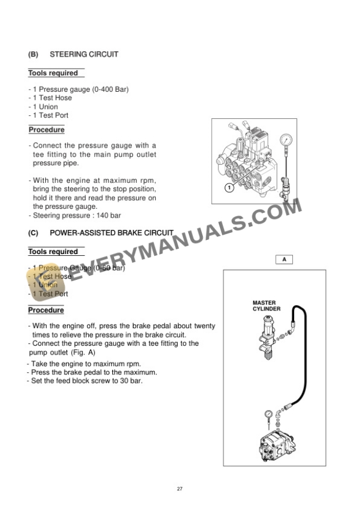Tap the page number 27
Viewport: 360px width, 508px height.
click(179, 489)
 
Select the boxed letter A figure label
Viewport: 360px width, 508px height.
click(284, 259)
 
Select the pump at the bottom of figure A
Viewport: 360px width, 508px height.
click(275, 445)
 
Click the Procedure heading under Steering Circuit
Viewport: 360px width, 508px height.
click(46, 130)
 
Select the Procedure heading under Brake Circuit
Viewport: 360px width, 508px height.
click(46, 310)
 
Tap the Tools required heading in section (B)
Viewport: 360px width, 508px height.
click(54, 73)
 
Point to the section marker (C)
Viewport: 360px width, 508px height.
click(33, 233)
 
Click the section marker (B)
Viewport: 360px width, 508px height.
click(33, 54)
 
